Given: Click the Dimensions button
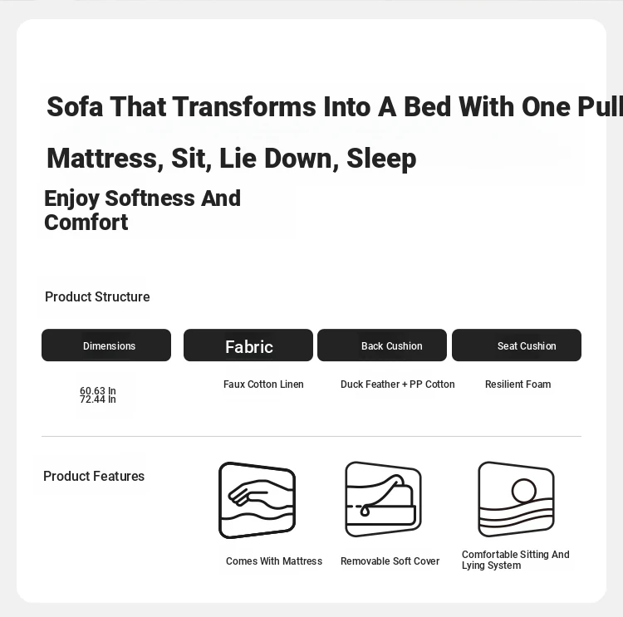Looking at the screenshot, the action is [x=106, y=345].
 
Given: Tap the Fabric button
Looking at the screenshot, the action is [x=248, y=345].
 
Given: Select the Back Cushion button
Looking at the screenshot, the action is [x=382, y=345].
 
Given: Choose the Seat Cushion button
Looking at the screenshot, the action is [x=517, y=345].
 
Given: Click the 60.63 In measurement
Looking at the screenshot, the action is [x=98, y=390].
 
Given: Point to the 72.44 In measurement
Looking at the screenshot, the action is [x=98, y=399].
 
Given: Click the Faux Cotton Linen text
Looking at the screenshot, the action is [x=263, y=384].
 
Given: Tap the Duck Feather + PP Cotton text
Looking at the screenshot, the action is [x=398, y=384].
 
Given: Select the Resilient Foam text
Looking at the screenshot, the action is [x=518, y=384].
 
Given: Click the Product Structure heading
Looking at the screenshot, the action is [x=97, y=296].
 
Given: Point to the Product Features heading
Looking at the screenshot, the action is [x=94, y=476].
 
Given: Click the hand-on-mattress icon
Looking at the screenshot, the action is [x=257, y=500].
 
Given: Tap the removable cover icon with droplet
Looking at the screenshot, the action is [x=383, y=499].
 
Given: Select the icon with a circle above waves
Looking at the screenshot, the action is [x=516, y=499].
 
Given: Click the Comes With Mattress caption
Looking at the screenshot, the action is [x=274, y=561].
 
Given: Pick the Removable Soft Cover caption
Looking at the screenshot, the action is [x=390, y=561].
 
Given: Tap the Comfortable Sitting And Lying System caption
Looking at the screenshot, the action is [x=516, y=560].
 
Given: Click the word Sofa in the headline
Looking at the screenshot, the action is [x=75, y=106].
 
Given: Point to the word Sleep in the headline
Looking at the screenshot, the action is [x=381, y=159].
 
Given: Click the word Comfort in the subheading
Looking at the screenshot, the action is [x=86, y=222].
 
